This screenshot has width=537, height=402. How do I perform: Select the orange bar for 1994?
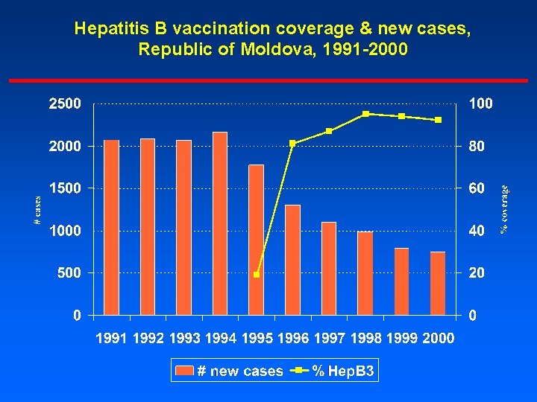point(220,223)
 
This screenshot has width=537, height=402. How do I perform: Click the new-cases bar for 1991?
point(111,227)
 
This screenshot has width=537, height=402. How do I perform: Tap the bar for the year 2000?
point(438,284)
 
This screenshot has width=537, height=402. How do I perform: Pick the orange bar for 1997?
point(329,269)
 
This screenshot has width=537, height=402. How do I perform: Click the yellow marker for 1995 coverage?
point(257,275)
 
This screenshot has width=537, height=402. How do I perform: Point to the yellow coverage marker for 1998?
point(365,114)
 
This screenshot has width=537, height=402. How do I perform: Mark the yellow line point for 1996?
point(292,144)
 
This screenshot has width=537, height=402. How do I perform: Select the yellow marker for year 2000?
point(438,120)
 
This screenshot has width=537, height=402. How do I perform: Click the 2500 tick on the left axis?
point(65,103)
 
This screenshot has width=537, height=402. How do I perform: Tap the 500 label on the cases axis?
point(69,272)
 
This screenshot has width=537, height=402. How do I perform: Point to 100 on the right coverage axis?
point(481,103)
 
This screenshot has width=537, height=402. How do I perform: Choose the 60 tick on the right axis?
point(477,188)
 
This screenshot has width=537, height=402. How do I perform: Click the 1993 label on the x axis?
point(184,339)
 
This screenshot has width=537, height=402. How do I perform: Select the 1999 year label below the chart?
point(402,339)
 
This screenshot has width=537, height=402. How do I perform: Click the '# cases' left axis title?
point(37,210)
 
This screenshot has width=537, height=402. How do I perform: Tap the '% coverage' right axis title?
point(503,209)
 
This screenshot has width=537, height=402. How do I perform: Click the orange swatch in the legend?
point(184,371)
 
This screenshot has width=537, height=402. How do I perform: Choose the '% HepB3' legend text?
point(342,371)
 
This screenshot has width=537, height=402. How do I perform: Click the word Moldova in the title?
point(277,50)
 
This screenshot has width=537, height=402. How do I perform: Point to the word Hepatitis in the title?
point(121,28)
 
